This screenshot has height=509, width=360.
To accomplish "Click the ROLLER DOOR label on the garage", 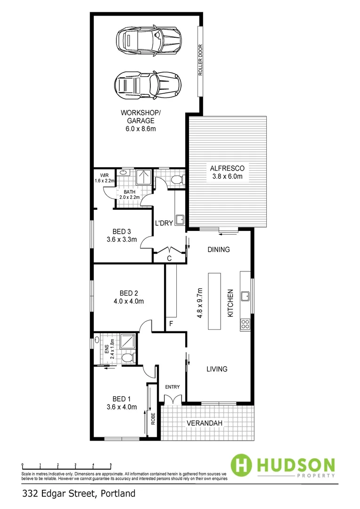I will coord(200,60).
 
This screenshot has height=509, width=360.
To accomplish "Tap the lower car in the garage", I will coord(147,85).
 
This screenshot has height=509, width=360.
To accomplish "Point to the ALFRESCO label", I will coord(226,172).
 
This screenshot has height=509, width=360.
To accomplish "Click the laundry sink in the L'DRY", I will coord(180,219).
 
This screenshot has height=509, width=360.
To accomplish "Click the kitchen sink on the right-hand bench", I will coord(245,296).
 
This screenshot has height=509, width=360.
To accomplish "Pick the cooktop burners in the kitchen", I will coord(245,324).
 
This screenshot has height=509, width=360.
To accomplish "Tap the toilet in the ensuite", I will coord(126,359).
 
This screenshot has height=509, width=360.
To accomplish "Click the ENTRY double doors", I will coord(172,400).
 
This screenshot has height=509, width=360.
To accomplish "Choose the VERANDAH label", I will coord(205,423).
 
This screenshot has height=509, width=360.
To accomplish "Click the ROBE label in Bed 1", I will coord(153,419).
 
